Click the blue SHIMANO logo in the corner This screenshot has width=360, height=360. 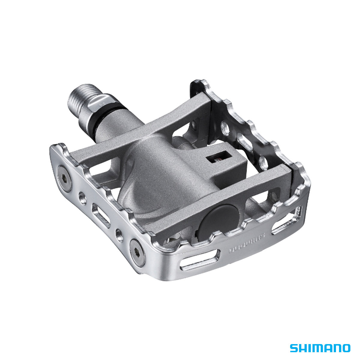click(320, 348)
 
